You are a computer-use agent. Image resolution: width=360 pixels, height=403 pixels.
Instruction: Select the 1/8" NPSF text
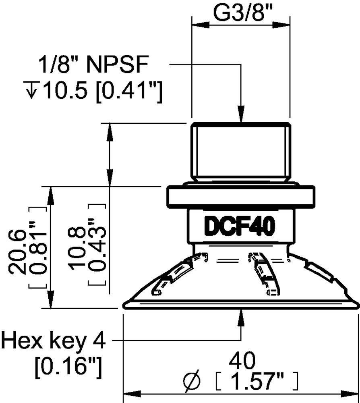point(93,64)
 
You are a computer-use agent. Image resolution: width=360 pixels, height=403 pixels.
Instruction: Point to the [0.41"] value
point(129,91)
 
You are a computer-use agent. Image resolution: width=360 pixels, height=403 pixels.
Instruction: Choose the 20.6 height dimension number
point(17,251)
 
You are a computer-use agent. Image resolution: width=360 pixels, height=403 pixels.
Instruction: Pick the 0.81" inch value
point(38,247)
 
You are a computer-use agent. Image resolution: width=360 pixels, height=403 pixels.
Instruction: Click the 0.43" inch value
point(97,244)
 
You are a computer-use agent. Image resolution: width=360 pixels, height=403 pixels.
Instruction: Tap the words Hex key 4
point(54,341)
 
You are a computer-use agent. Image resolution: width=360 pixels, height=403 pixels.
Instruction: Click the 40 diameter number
point(242,361)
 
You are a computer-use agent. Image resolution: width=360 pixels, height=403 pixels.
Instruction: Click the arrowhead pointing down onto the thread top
point(241,113)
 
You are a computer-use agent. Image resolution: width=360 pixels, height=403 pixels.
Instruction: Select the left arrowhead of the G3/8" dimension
point(200,25)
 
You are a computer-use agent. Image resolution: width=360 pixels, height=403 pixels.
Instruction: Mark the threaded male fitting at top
point(241,152)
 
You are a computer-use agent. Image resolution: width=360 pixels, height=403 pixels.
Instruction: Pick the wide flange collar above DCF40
point(241,196)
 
